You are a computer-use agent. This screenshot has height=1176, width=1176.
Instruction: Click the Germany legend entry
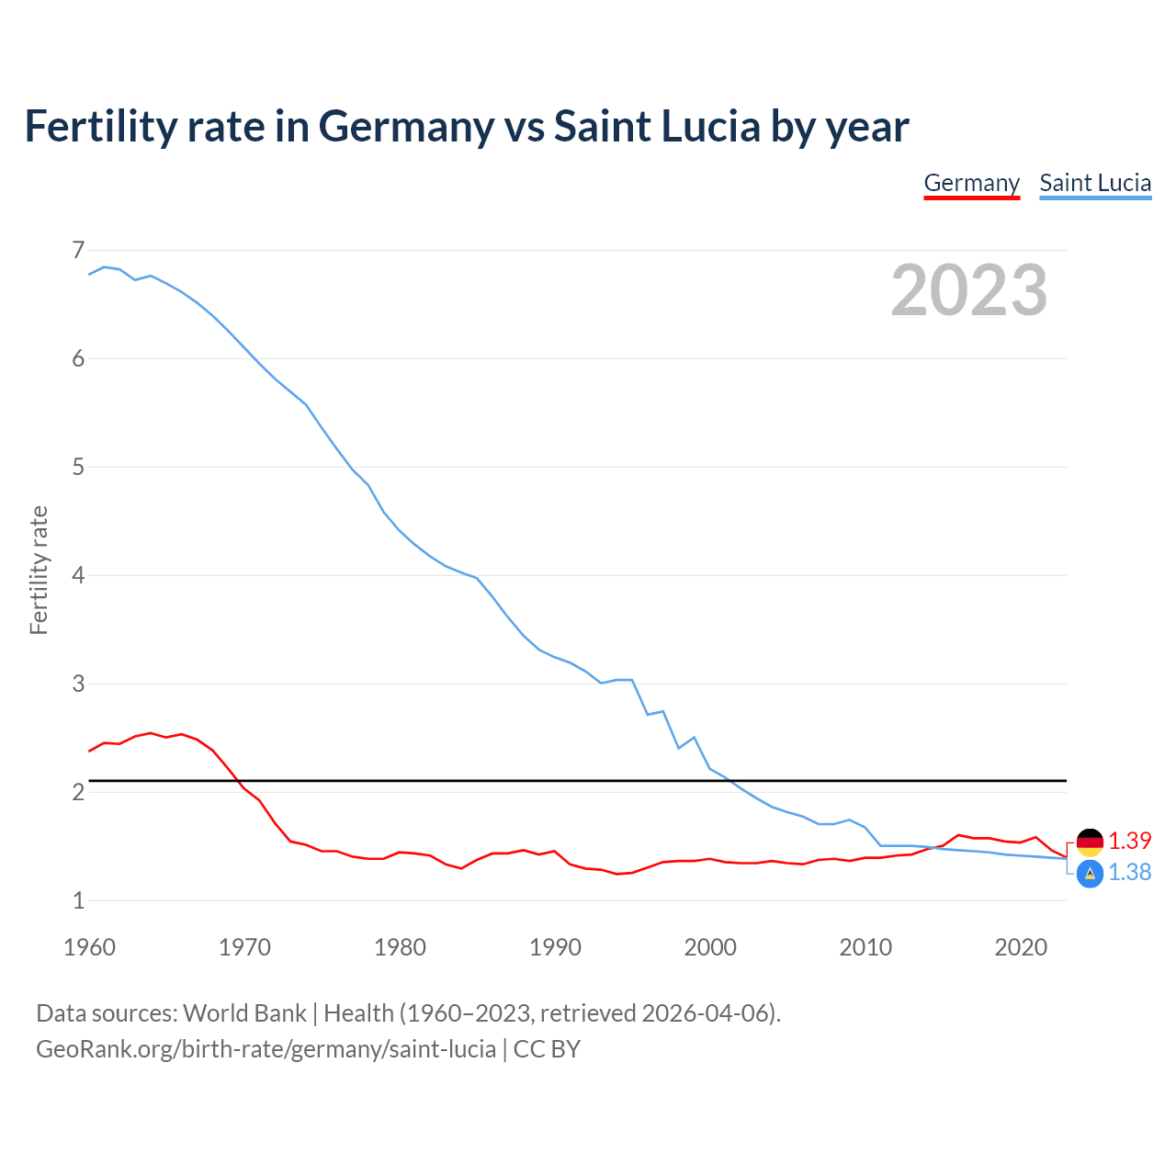pyautogui.click(x=971, y=183)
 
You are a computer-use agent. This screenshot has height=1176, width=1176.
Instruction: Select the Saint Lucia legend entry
pyautogui.click(x=1095, y=183)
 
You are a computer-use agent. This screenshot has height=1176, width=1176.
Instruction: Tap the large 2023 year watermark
pyautogui.click(x=968, y=290)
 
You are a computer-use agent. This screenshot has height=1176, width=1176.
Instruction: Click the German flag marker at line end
pyautogui.click(x=1090, y=842)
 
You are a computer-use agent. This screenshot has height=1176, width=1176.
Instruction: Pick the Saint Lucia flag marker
pyautogui.click(x=1090, y=874)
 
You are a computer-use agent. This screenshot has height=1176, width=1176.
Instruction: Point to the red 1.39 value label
pyautogui.click(x=1129, y=842)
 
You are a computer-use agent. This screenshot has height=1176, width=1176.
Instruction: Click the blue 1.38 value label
pyautogui.click(x=1129, y=873)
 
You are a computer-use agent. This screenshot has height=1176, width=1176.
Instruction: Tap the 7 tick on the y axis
pyautogui.click(x=78, y=250)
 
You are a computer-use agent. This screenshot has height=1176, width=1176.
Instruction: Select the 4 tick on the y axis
pyautogui.click(x=78, y=575)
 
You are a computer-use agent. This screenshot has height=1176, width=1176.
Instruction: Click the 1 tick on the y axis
pyautogui.click(x=78, y=900)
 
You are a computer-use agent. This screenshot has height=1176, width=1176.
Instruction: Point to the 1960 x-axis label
pyautogui.click(x=89, y=947)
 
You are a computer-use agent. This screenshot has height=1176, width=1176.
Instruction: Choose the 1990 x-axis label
pyautogui.click(x=555, y=947)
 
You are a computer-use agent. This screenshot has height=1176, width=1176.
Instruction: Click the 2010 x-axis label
pyautogui.click(x=865, y=947)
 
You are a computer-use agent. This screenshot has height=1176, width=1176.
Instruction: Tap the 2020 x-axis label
pyautogui.click(x=1021, y=947)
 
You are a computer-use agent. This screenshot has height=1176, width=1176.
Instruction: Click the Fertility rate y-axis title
pyautogui.click(x=39, y=570)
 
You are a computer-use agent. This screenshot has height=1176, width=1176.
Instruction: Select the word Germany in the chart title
pyautogui.click(x=406, y=127)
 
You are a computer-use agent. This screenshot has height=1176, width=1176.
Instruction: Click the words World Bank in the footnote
pyautogui.click(x=244, y=1013)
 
